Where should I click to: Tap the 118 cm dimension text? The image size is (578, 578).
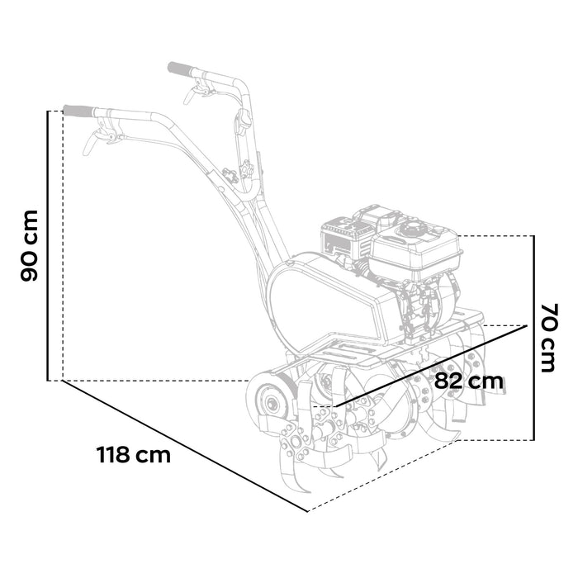click(x=134, y=455)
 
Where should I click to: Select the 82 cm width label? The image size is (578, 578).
click(x=468, y=381)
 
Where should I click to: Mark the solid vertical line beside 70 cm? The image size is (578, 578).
click(x=533, y=338)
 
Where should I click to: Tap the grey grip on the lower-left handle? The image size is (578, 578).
click(x=78, y=110)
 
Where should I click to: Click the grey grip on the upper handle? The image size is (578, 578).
click(x=181, y=67)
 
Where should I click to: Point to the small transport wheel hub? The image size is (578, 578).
click(x=269, y=404)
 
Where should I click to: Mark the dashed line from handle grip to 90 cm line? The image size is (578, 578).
click(x=55, y=110)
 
